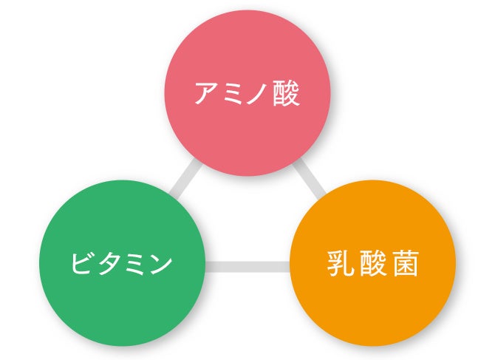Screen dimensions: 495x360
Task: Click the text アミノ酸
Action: [x=247, y=94]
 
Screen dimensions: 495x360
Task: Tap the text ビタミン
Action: [x=122, y=263]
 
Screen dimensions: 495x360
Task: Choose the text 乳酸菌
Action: [x=372, y=264]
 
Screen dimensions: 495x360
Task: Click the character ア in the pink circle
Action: [x=206, y=95]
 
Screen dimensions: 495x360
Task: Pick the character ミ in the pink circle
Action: [x=233, y=95]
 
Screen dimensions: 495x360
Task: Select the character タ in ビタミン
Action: [x=109, y=263]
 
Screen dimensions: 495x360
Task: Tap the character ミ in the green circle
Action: [x=135, y=263]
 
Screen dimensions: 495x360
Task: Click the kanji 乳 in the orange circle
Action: [x=338, y=264]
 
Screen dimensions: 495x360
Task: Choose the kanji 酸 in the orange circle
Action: [x=372, y=264]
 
